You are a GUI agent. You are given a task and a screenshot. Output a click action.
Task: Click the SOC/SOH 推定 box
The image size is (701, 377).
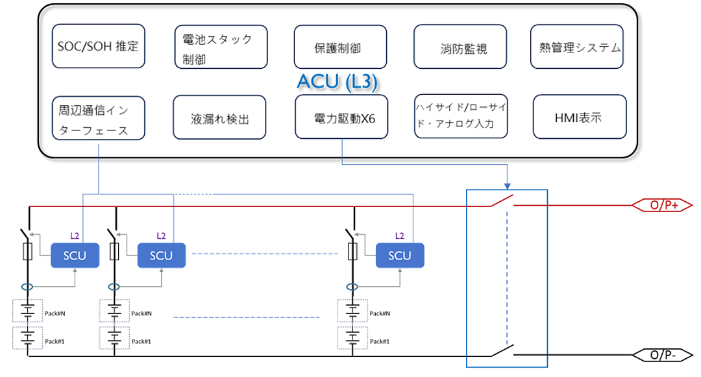(99, 46)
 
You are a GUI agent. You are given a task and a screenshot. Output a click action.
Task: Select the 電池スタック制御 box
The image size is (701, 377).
(221, 47)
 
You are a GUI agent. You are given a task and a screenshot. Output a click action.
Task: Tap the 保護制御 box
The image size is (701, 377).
(340, 47)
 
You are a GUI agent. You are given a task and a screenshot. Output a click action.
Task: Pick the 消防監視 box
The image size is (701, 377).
(460, 47)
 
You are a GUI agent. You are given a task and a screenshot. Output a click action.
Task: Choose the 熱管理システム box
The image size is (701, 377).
(577, 47)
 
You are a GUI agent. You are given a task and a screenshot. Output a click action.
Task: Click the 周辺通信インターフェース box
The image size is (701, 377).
(99, 118)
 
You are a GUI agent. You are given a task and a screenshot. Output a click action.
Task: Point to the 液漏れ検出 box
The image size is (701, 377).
(219, 117)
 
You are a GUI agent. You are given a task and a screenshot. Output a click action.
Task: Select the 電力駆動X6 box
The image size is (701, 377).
(341, 117)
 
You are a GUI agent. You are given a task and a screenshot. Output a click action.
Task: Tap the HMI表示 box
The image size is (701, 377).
(580, 117)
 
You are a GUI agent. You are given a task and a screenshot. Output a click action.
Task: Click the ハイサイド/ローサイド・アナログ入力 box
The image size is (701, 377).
(461, 116)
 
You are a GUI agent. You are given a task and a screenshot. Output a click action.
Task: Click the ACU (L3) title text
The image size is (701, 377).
(338, 82)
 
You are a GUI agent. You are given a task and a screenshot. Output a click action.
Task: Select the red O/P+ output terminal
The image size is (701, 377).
(662, 205)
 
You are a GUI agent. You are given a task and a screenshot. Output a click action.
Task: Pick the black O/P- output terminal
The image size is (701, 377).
(662, 355)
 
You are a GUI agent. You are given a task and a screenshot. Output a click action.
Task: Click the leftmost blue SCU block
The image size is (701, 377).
(75, 256)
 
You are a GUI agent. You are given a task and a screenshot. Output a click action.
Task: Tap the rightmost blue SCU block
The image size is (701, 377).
(400, 256)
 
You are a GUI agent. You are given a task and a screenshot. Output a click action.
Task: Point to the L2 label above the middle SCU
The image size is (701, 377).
(161, 236)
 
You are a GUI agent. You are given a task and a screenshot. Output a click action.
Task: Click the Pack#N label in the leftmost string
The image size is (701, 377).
(55, 313)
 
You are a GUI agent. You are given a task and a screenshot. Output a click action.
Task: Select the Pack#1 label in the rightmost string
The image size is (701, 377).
(380, 341)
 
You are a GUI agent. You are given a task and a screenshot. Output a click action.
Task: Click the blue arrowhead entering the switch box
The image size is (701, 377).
(507, 186)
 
